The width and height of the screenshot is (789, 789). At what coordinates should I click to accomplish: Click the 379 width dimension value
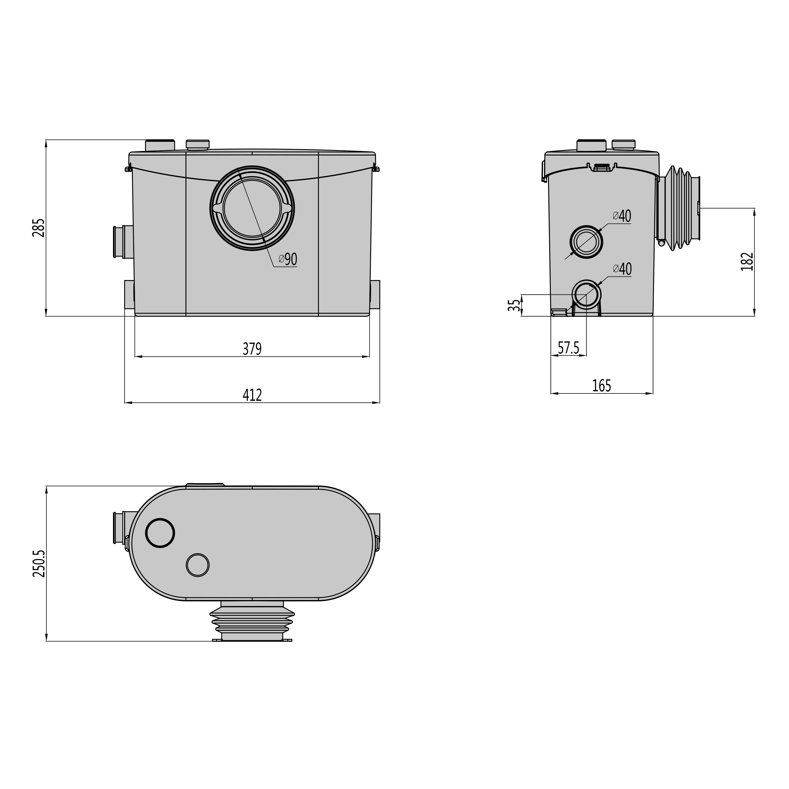pyautogui.click(x=252, y=349)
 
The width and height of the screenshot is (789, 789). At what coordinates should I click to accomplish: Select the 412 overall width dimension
pyautogui.click(x=252, y=395)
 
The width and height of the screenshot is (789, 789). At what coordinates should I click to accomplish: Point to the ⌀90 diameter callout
pyautogui.click(x=288, y=259)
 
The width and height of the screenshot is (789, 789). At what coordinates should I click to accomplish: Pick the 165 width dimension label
pyautogui.click(x=602, y=385)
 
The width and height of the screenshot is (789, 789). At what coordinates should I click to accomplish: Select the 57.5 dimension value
pyautogui.click(x=569, y=348)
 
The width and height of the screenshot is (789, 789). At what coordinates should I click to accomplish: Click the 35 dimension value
pyautogui.click(x=514, y=305)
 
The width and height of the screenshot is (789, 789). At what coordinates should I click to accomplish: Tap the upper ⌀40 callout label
pyautogui.click(x=622, y=216)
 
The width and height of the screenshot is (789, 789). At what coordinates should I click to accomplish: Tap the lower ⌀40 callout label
pyautogui.click(x=622, y=269)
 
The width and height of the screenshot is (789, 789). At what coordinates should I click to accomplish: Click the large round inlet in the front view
pyautogui.click(x=252, y=208)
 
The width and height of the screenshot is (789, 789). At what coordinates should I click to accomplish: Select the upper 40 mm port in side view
pyautogui.click(x=586, y=242)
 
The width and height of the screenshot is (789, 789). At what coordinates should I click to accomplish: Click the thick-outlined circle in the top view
pyautogui.click(x=160, y=533)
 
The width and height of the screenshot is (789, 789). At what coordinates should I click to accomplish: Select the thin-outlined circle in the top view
pyautogui.click(x=198, y=565)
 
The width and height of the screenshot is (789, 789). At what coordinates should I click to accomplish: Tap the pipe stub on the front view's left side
pyautogui.click(x=123, y=242)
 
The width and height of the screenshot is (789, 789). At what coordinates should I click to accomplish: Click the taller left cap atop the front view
pyautogui.click(x=160, y=146)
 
